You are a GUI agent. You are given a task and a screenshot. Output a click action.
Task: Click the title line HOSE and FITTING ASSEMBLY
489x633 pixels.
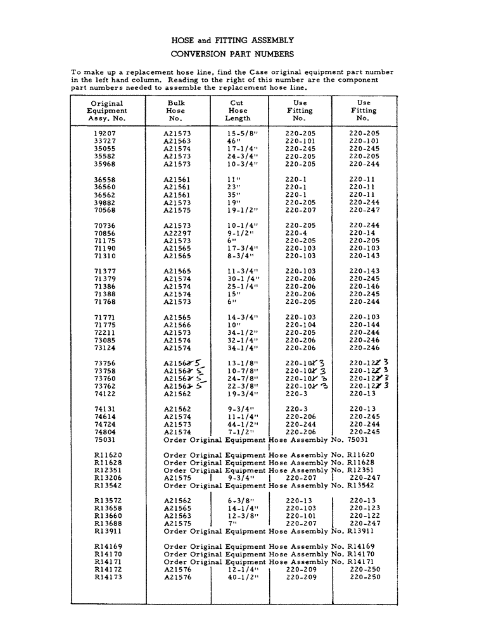(232, 40)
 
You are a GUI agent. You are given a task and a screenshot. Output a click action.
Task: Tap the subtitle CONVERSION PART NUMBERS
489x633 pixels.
(232, 54)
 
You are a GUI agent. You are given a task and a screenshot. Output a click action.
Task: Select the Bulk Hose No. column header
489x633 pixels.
(176, 110)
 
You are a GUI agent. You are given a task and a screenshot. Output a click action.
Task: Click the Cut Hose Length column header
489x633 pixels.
(238, 110)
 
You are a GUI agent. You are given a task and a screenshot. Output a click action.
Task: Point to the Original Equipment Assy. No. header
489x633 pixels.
(106, 110)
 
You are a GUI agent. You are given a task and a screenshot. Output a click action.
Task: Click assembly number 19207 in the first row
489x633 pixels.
(105, 134)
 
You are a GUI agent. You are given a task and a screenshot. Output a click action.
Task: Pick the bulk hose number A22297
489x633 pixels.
(177, 233)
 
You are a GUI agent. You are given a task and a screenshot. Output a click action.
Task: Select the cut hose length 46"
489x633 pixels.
(234, 141)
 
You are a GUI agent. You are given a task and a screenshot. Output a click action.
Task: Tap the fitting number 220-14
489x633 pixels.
(362, 233)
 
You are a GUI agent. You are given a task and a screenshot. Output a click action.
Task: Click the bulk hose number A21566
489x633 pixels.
(177, 325)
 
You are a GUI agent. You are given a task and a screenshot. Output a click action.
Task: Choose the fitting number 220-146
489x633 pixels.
(364, 287)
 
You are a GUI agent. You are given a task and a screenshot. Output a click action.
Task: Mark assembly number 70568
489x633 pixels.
(105, 210)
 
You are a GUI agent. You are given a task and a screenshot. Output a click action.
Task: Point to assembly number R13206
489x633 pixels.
(108, 478)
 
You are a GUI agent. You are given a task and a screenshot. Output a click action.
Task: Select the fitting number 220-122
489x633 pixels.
(364, 516)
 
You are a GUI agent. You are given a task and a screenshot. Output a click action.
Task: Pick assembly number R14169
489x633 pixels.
(108, 546)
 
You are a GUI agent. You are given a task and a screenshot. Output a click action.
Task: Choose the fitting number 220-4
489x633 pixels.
(296, 233)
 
